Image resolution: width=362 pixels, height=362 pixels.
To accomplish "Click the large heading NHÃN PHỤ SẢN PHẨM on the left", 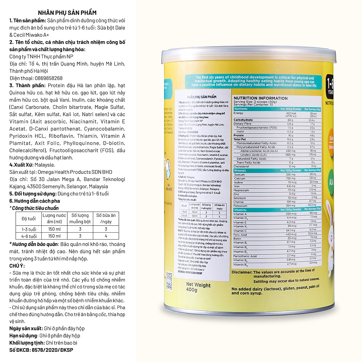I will (67, 13).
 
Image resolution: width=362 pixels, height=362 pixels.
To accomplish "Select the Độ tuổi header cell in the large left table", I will (28, 218).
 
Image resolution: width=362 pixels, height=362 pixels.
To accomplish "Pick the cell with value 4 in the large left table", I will (106, 236).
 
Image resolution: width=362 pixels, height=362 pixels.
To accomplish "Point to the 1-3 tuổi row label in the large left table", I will (29, 229).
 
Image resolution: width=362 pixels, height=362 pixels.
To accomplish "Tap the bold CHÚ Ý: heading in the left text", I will (17, 266).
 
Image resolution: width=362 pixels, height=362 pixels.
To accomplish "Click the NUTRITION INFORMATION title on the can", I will (260, 98).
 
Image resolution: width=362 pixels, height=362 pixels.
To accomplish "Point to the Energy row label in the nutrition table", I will (238, 113).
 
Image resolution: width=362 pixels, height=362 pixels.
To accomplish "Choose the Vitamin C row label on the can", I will (240, 230).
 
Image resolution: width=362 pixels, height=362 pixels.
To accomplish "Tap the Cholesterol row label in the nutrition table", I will (241, 166).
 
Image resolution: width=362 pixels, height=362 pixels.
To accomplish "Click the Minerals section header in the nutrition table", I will (240, 170).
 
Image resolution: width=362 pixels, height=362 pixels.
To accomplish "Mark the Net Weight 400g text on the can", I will (198, 287).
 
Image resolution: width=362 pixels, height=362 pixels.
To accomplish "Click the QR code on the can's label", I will (169, 275).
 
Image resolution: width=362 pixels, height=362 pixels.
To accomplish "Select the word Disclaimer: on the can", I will (242, 272).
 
